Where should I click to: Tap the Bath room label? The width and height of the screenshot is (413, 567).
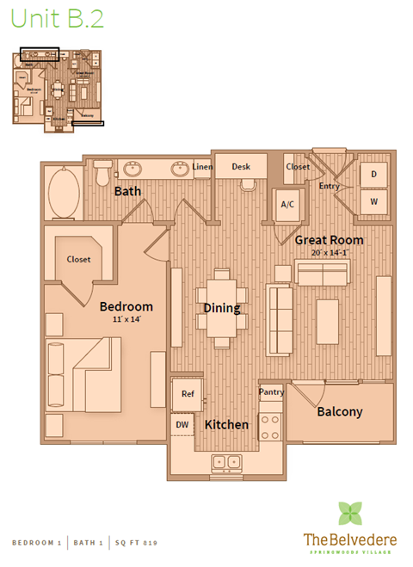[128, 190]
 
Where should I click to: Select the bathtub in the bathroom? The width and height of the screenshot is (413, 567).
[63, 190]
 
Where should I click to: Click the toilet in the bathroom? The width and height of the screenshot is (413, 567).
[102, 176]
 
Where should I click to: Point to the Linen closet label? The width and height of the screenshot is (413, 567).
[202, 167]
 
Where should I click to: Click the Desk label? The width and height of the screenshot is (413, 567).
[241, 167]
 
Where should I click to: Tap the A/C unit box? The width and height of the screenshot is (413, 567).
[287, 205]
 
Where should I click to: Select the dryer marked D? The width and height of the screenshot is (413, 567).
[373, 174]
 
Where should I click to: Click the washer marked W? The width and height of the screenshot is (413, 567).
[373, 201]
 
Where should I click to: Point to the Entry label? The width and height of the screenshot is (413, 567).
[329, 186]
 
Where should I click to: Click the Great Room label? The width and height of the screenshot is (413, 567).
[329, 240]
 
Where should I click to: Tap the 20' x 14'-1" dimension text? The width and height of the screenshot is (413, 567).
[330, 253]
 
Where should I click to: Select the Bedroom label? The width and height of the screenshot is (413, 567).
[126, 306]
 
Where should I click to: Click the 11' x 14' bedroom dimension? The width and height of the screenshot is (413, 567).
[126, 319]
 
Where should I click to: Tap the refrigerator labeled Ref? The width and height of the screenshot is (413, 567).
[187, 393]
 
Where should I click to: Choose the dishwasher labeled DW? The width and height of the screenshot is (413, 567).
[182, 424]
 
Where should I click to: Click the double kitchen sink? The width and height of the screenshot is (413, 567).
[227, 462]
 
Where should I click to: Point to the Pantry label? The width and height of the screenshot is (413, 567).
[271, 392]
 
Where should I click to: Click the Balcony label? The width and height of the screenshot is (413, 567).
[340, 411]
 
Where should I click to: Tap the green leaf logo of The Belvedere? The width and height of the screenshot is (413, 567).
[349, 514]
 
